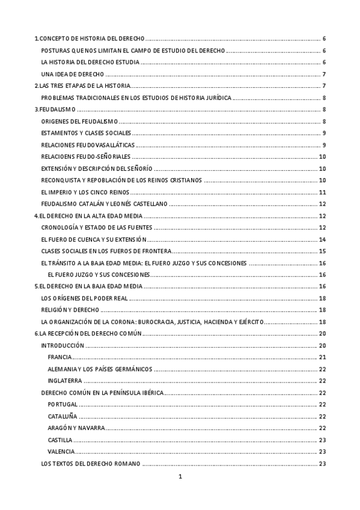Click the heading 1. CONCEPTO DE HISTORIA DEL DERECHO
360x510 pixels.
pyautogui.click(x=90, y=38)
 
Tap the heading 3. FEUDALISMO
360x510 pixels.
pyautogui.click(x=53, y=109)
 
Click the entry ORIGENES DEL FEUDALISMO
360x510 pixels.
pyautogui.click(x=79, y=121)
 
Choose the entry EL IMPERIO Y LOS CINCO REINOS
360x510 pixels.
pyautogui.click(x=85, y=192)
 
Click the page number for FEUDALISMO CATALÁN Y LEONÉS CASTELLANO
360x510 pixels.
pyautogui.click(x=322, y=204)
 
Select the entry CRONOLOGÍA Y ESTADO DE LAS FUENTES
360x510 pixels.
pyautogui.click(x=96, y=227)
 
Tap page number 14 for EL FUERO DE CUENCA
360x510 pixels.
pyautogui.click(x=322, y=239)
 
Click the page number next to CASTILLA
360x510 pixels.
pyautogui.click(x=322, y=440)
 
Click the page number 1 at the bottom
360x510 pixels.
pyautogui.click(x=180, y=477)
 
